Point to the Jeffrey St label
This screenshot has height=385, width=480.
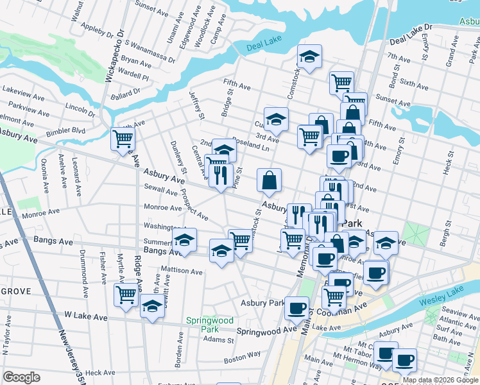[x=196, y=105]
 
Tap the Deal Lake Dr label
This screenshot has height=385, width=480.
[x=411, y=34]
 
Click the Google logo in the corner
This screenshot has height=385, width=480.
[x=21, y=377]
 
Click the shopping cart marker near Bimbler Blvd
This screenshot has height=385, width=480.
[x=123, y=138]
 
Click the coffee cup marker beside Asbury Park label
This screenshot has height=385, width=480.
[x=296, y=309]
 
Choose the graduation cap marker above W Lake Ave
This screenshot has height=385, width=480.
[x=152, y=306]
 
